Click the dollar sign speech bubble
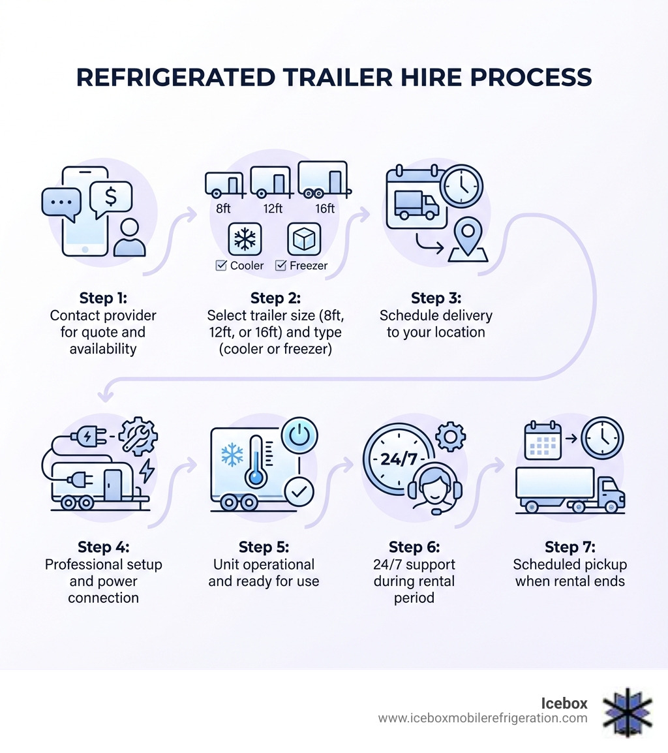click(x=111, y=197)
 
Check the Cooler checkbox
click(x=220, y=266)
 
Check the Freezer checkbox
click(x=281, y=266)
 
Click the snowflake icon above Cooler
click(x=245, y=239)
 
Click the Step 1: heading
click(x=103, y=298)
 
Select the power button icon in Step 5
click(x=299, y=436)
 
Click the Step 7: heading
click(x=569, y=547)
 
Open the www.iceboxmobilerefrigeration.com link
click(x=483, y=718)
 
